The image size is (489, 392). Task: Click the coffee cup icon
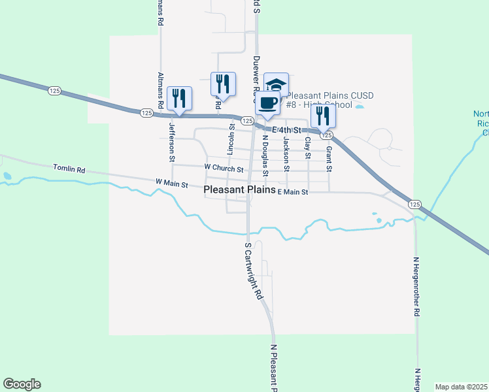(267, 103)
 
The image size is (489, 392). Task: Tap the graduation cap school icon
(277, 84)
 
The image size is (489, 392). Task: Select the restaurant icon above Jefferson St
(179, 98)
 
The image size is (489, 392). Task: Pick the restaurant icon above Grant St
(324, 116)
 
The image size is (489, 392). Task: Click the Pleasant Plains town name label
(239, 190)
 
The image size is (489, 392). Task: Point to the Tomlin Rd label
(69, 169)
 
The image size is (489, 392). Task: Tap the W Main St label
(172, 182)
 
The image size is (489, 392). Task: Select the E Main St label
(292, 192)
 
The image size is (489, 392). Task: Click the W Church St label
(224, 168)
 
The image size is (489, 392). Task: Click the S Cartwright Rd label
(254, 271)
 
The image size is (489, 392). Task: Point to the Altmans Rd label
(160, 13)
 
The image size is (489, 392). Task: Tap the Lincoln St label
(231, 139)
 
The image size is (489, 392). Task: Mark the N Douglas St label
(265, 155)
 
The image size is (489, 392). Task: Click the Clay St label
(307, 148)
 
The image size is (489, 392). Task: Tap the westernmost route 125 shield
(54, 91)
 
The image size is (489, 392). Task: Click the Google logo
(22, 384)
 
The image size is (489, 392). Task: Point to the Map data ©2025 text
(460, 387)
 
